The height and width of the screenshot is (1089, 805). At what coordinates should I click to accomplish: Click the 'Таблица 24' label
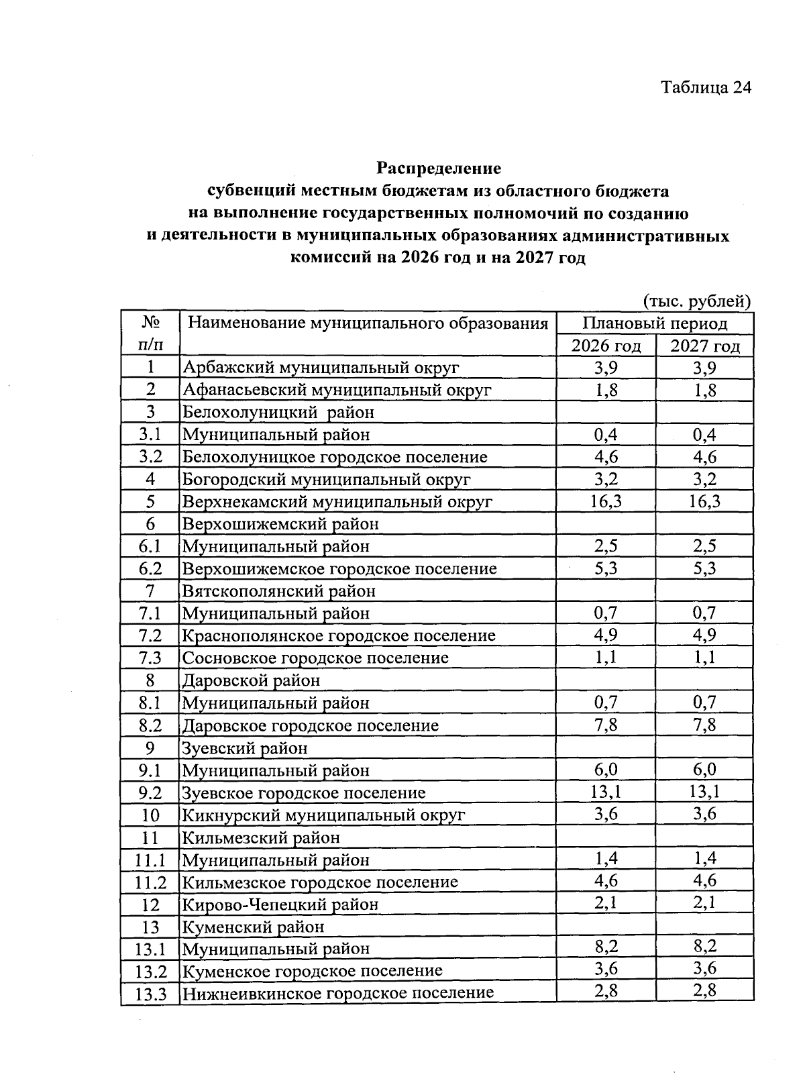pyautogui.click(x=705, y=88)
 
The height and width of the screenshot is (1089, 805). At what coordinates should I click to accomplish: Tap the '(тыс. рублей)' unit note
pyautogui.click(x=696, y=301)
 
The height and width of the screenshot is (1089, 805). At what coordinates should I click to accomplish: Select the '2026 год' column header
pyautogui.click(x=606, y=346)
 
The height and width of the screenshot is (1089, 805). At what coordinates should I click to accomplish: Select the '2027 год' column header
pyautogui.click(x=705, y=346)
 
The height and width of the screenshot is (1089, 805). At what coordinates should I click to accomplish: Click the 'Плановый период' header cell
pyautogui.click(x=655, y=323)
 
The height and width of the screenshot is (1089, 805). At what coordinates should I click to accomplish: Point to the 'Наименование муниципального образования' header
pyautogui.click(x=368, y=323)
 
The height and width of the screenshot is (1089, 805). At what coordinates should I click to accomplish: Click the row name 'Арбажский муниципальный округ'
pyautogui.click(x=321, y=368)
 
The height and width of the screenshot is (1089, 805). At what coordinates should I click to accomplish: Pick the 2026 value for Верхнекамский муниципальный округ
pyautogui.click(x=606, y=501)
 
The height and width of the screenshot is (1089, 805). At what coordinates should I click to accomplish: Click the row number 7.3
pyautogui.click(x=150, y=658)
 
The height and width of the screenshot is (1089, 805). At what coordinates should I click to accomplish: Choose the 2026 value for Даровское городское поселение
pyautogui.click(x=606, y=725)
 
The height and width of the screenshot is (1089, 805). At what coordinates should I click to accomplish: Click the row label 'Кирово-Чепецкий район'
pyautogui.click(x=280, y=904)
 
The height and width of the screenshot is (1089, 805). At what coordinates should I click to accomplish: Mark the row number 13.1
pyautogui.click(x=150, y=949)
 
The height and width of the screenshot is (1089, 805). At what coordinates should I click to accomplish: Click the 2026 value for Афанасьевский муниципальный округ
pyautogui.click(x=606, y=390)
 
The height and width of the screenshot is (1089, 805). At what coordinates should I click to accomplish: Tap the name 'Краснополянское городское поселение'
pyautogui.click(x=339, y=635)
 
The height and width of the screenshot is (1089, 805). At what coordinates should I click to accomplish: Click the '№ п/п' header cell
pyautogui.click(x=150, y=334)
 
